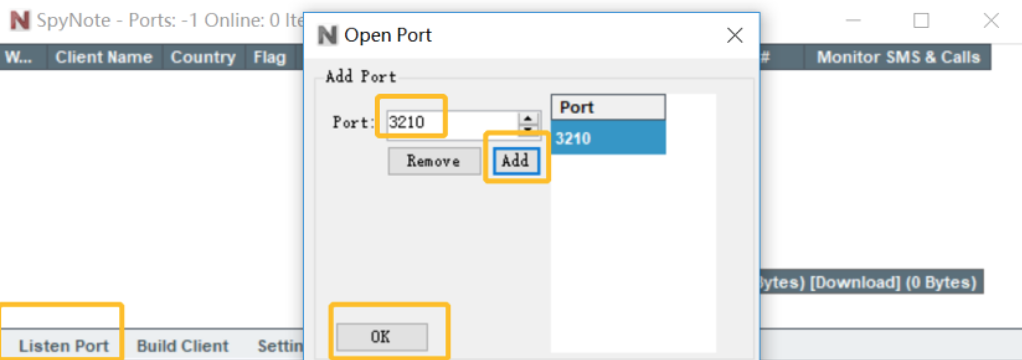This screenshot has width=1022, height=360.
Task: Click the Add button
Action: (x=516, y=161)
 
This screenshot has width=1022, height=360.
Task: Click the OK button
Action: (x=382, y=337)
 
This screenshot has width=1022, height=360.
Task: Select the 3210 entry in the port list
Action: (x=607, y=138)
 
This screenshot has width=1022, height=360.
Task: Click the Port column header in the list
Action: (x=607, y=107)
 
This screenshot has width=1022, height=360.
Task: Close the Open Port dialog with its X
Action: (x=735, y=35)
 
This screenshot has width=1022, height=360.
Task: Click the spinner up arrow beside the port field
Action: (x=528, y=117)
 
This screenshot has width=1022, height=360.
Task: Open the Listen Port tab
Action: (x=63, y=346)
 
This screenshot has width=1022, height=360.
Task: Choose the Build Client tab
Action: (x=182, y=346)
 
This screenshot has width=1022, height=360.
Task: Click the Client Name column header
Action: (x=104, y=57)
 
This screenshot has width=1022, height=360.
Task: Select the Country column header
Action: (x=203, y=57)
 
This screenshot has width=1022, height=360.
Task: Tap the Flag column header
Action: (x=269, y=57)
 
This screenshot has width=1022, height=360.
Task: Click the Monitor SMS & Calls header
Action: (x=898, y=57)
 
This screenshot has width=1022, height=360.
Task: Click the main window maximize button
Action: (x=921, y=20)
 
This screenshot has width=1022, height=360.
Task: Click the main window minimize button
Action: (x=854, y=20)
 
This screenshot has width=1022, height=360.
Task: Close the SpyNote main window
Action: (x=991, y=20)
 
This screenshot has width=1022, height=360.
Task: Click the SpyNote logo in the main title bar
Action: (x=19, y=20)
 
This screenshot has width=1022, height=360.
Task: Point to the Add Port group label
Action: (x=361, y=76)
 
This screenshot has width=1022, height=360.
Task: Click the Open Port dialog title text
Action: (x=388, y=35)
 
